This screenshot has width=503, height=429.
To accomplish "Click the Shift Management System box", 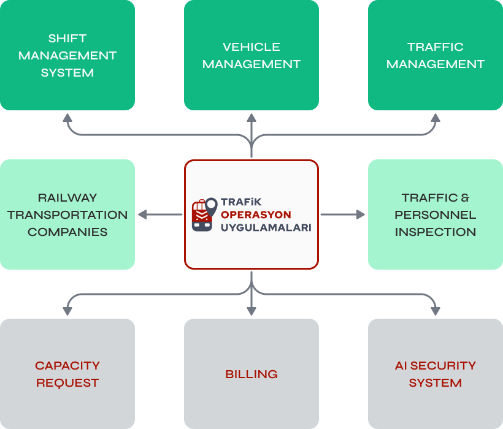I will (67, 55).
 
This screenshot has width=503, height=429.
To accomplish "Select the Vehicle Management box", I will (251, 55).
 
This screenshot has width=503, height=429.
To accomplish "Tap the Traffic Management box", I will (436, 55).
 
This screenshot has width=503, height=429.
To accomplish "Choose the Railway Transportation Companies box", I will (67, 214).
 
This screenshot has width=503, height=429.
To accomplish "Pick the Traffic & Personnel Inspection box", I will (436, 214).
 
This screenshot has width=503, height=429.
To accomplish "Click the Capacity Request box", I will (67, 374).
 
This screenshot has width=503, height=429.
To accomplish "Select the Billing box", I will (251, 374).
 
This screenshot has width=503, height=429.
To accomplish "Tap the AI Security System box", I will (436, 374).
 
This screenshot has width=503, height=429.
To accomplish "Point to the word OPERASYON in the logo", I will (256, 214).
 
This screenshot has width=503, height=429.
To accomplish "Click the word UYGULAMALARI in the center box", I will (266, 227).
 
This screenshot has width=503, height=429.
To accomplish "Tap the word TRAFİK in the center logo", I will (241, 201).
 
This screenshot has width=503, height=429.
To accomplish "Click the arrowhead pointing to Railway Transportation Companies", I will (142, 214).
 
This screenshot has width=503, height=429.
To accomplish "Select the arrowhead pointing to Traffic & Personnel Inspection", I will (361, 214).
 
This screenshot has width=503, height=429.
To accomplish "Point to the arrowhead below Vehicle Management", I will (251, 118).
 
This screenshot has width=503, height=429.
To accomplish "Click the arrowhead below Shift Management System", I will (67, 118).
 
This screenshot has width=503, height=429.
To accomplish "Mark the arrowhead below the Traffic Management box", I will (436, 118).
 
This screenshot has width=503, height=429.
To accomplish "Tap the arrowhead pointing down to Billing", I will (251, 311).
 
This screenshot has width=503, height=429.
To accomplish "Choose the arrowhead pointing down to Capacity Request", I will (67, 311).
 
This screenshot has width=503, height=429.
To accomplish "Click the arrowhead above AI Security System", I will (436, 311).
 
